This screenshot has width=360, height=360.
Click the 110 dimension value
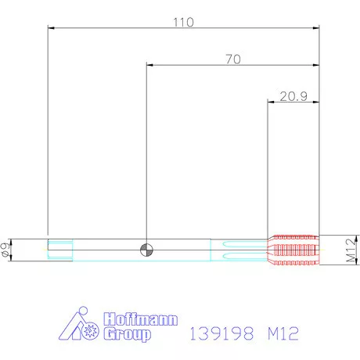pyautogui.click(x=184, y=23)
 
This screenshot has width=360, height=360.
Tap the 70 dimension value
pyautogui.click(x=233, y=59)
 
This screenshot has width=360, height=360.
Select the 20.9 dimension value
pyautogui.click(x=293, y=96)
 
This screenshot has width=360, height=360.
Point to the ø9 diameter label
pyautogui.click(x=5, y=250)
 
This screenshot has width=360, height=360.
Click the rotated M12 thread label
pyautogui.click(x=351, y=250)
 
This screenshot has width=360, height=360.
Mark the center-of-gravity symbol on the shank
pyautogui.click(x=146, y=250)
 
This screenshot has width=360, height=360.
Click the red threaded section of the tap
pyautogui.click(x=293, y=250)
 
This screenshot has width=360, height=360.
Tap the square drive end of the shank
pyautogui.click(x=60, y=250)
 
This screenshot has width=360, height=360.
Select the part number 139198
pyautogui.click(x=221, y=333)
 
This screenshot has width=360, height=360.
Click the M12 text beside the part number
pyautogui.click(x=283, y=333)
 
